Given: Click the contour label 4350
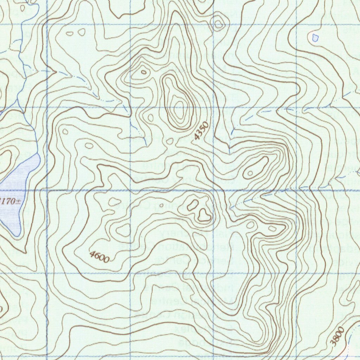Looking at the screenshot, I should [x=201, y=131].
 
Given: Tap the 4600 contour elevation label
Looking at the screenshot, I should [x=99, y=257].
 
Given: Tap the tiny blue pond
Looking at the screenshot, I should [x=315, y=36].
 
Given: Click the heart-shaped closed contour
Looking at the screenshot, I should [x=204, y=215].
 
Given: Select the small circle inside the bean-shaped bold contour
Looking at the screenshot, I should [x=250, y=173].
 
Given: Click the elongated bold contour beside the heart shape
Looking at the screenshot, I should [x=193, y=205].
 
